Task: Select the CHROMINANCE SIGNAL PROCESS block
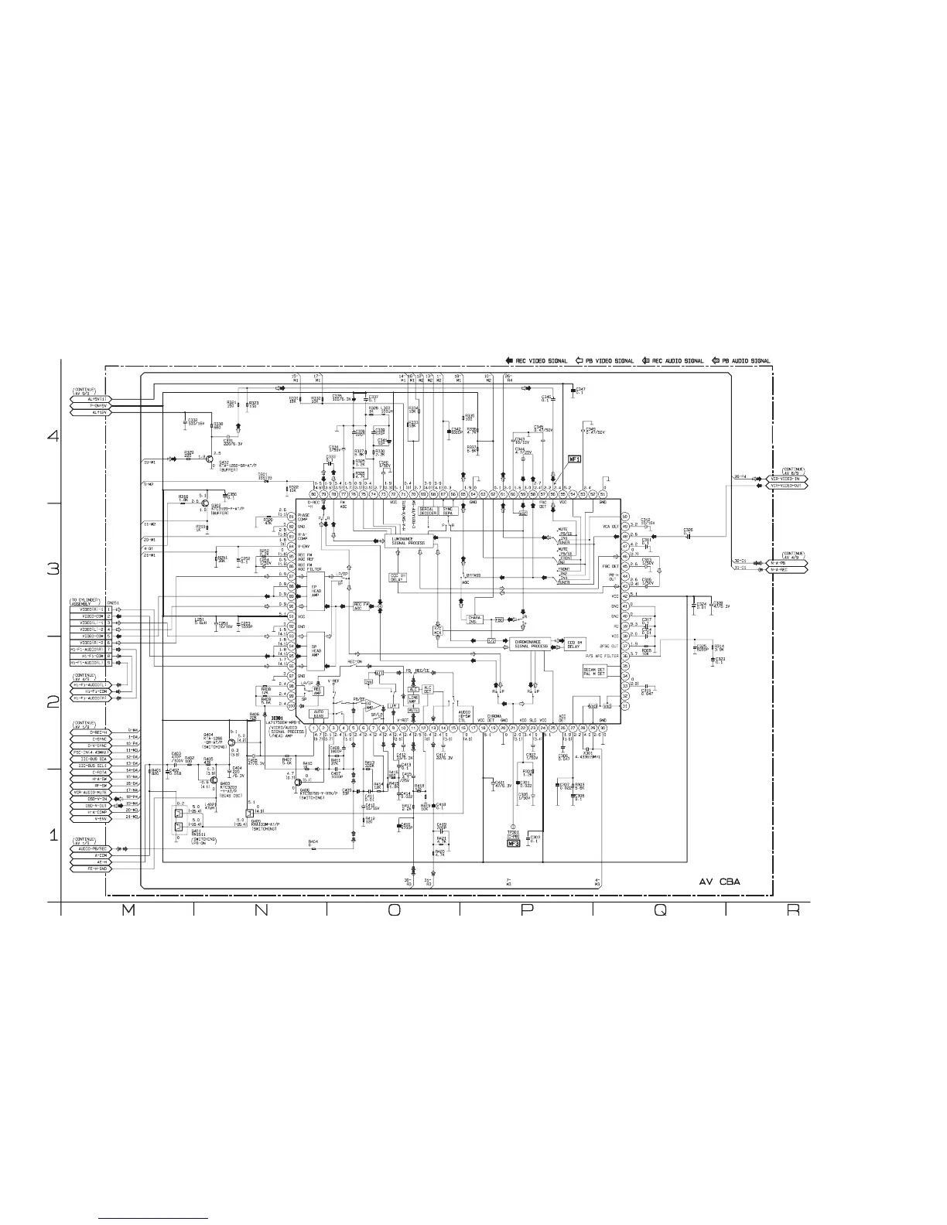(x=530, y=643)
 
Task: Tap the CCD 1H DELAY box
(x=573, y=643)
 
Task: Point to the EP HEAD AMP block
(x=316, y=589)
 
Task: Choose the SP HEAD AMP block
(x=316, y=651)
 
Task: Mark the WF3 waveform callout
(x=512, y=844)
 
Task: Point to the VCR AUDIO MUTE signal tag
(x=90, y=792)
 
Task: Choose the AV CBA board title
(x=725, y=881)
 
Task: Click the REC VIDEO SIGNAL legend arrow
(x=509, y=360)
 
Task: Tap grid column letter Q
(x=659, y=912)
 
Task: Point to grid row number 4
(x=53, y=436)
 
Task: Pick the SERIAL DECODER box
(x=426, y=510)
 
